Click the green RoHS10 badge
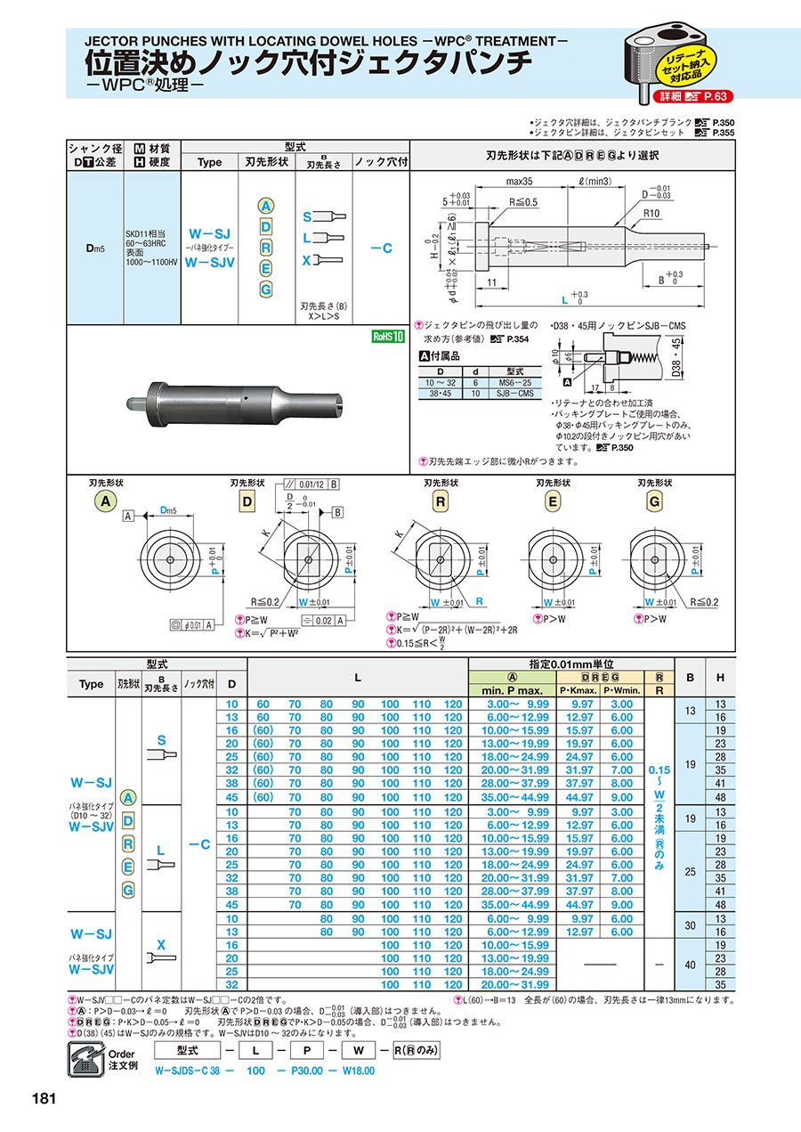tap(388, 337)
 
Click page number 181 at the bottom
tap(45, 1097)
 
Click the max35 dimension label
tap(520, 182)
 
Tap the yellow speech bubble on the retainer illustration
tap(684, 64)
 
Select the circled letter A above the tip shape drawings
tap(104, 501)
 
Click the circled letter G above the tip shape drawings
tap(655, 501)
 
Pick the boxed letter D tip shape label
tap(247, 501)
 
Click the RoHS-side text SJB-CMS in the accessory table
tap(514, 393)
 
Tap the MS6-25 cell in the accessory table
tap(514, 381)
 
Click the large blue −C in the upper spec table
tap(380, 248)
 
